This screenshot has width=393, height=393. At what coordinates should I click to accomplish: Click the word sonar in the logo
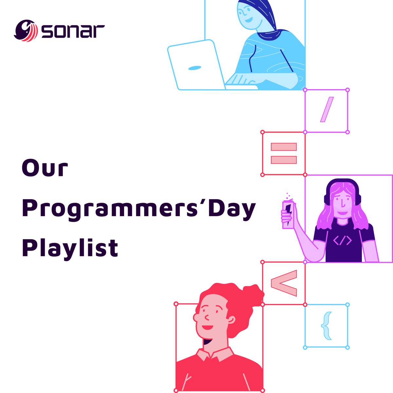(x=73, y=31)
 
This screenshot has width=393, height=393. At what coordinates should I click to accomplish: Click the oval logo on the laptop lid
(x=194, y=68)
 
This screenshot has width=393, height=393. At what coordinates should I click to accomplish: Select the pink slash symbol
(x=327, y=109)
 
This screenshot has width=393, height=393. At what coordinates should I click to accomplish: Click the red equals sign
(x=284, y=153)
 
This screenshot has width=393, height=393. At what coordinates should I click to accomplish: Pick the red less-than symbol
(x=284, y=283)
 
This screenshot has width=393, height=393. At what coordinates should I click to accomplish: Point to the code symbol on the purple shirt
(x=342, y=241)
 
